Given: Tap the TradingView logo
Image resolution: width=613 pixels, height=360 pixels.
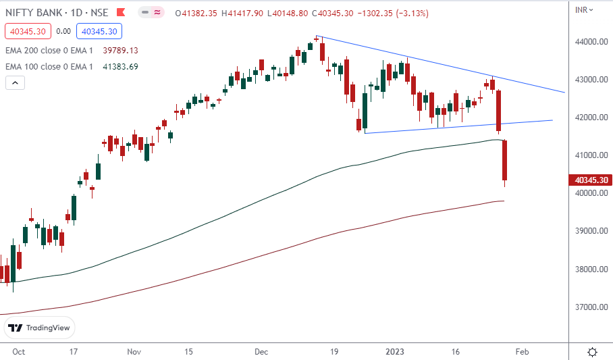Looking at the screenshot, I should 39,328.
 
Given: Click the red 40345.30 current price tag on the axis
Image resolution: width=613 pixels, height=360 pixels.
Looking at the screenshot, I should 591,180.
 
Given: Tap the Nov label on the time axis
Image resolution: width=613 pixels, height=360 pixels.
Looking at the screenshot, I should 134,352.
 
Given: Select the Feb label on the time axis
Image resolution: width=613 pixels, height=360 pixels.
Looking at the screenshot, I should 521,352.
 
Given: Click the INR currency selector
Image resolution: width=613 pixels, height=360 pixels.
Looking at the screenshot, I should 584,9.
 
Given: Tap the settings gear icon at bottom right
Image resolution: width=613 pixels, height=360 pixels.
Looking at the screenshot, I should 592,352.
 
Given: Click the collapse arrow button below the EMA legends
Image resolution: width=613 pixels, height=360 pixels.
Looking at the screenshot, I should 15,82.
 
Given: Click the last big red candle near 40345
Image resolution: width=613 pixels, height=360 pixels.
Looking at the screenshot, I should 504,161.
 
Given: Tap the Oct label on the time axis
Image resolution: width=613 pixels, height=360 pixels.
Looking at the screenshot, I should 18,352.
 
